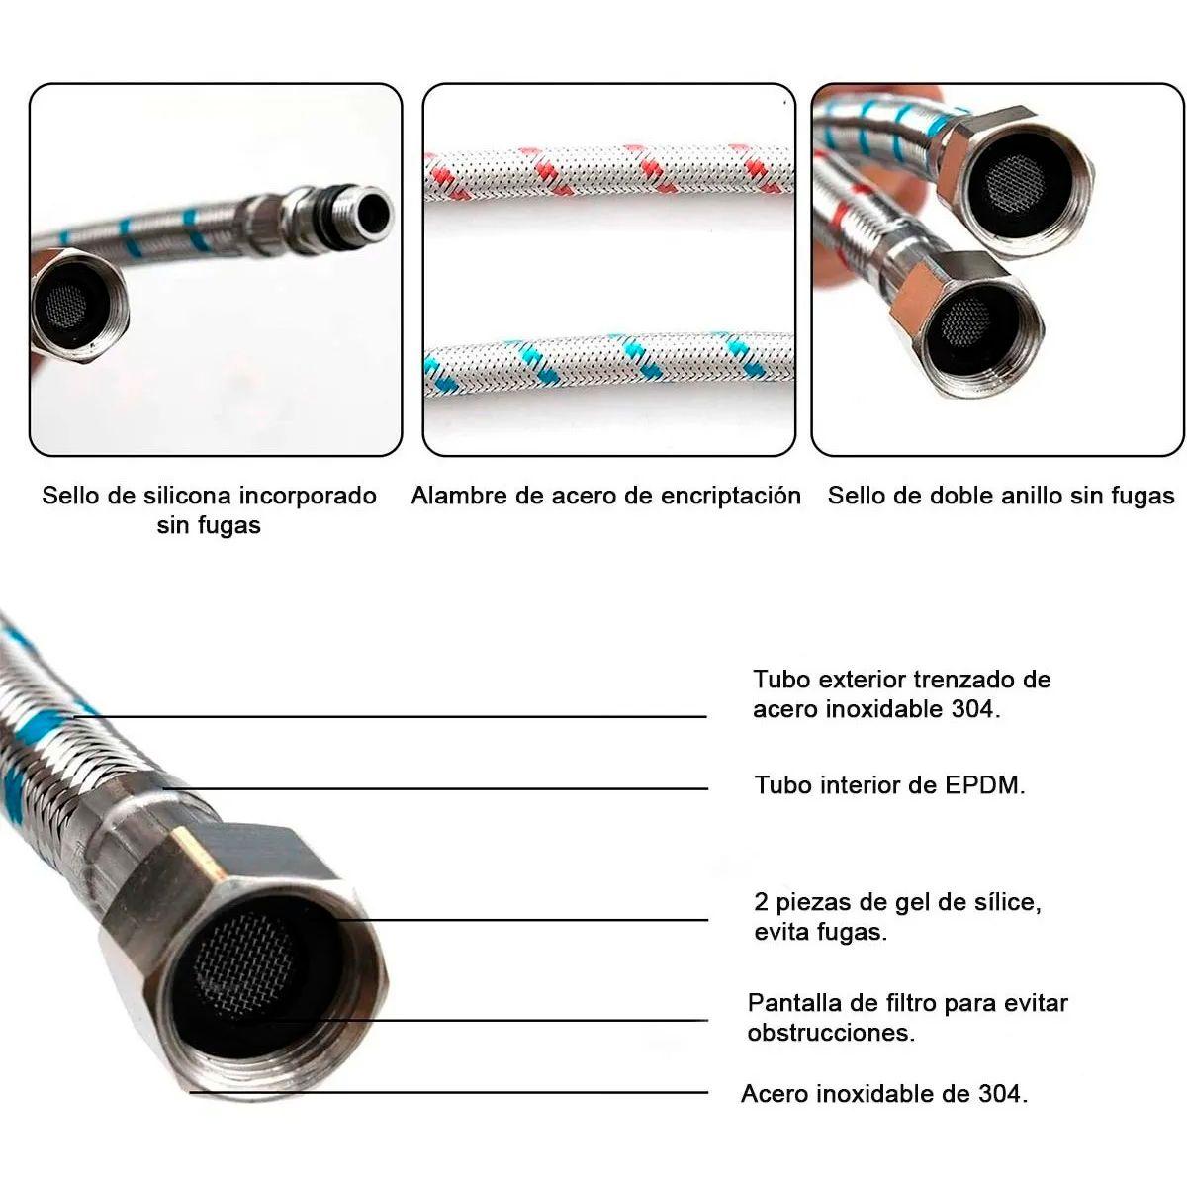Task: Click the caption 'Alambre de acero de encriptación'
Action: (x=605, y=496)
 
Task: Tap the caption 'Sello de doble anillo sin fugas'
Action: (x=1000, y=496)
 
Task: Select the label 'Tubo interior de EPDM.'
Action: (x=889, y=785)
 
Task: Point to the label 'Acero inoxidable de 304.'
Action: (x=884, y=1094)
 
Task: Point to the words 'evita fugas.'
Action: (x=820, y=932)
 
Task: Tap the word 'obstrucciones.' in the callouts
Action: (x=831, y=1033)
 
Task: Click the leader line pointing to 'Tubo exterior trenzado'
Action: (x=396, y=715)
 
